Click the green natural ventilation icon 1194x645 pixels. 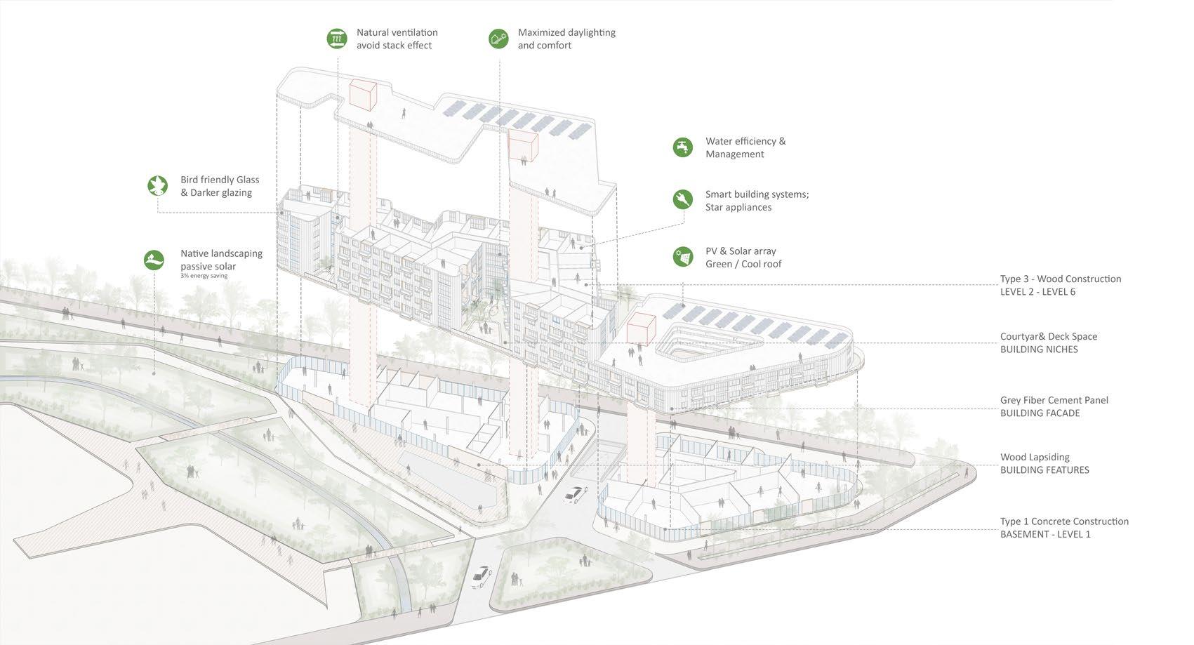click(x=338, y=39)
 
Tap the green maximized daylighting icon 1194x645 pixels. click(x=498, y=39)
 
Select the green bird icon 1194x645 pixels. click(x=158, y=185)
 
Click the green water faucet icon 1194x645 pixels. click(x=682, y=147)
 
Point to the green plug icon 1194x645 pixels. click(x=682, y=200)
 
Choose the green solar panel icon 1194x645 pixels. click(x=682, y=257)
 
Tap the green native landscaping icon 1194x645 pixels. click(x=154, y=260)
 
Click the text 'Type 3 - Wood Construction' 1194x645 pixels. click(x=1060, y=279)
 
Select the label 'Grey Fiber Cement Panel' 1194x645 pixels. click(x=1054, y=400)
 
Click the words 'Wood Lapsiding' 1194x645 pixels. click(x=1035, y=457)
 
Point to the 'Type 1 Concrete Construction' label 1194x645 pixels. click(x=1064, y=521)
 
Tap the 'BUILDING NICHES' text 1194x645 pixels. click(x=1039, y=350)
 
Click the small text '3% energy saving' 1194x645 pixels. click(x=204, y=276)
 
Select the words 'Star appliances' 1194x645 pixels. click(x=738, y=208)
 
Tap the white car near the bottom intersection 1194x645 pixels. click(x=482, y=576)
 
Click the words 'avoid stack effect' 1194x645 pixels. click(x=394, y=46)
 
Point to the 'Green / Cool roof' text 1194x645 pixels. click(x=743, y=265)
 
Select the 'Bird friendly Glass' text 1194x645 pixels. click(x=220, y=180)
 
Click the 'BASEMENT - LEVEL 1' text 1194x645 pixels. click(x=1045, y=535)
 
